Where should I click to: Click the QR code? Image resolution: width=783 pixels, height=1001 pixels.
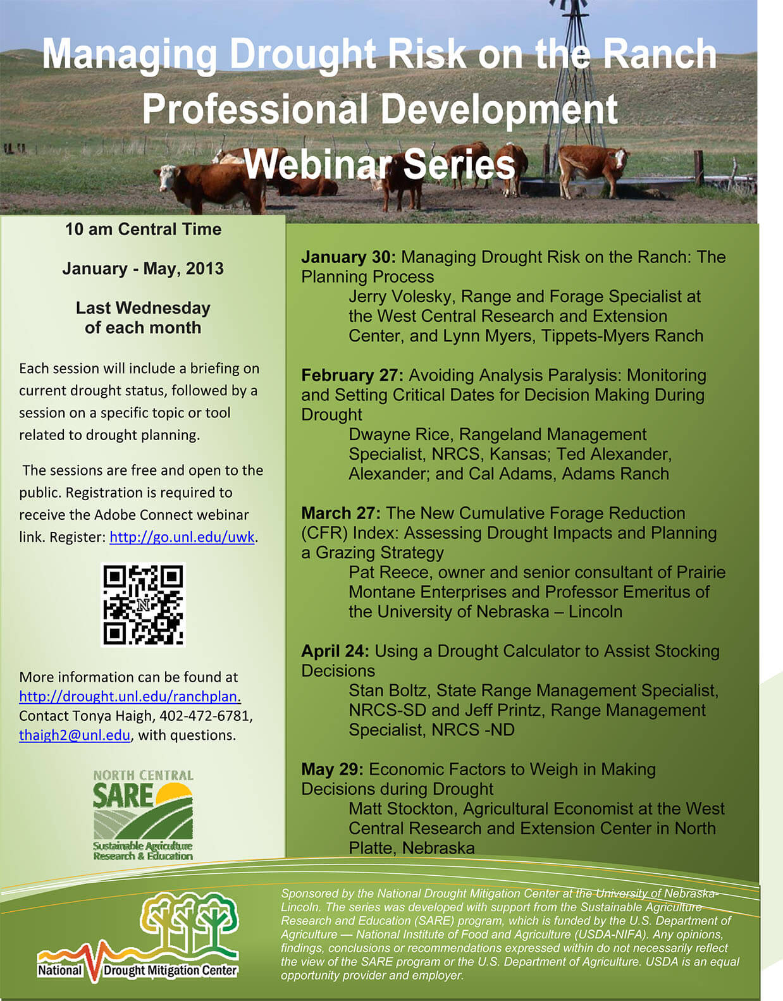(x=143, y=605)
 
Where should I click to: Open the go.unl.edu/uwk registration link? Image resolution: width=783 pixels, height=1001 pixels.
(x=182, y=537)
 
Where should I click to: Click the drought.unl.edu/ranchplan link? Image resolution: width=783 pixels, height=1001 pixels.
(x=130, y=696)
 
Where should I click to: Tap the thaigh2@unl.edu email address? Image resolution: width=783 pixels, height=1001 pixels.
(x=75, y=735)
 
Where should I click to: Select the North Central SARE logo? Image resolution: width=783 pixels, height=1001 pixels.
(x=143, y=815)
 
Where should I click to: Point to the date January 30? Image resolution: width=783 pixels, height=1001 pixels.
(x=348, y=257)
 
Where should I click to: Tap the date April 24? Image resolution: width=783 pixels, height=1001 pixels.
(x=335, y=651)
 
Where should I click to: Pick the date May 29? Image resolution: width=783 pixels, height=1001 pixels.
(x=332, y=770)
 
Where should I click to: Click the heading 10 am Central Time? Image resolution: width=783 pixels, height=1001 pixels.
(x=143, y=230)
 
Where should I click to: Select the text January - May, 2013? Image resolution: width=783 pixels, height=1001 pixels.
(x=143, y=269)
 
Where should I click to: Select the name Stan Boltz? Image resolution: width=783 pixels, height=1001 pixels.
(x=389, y=691)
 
